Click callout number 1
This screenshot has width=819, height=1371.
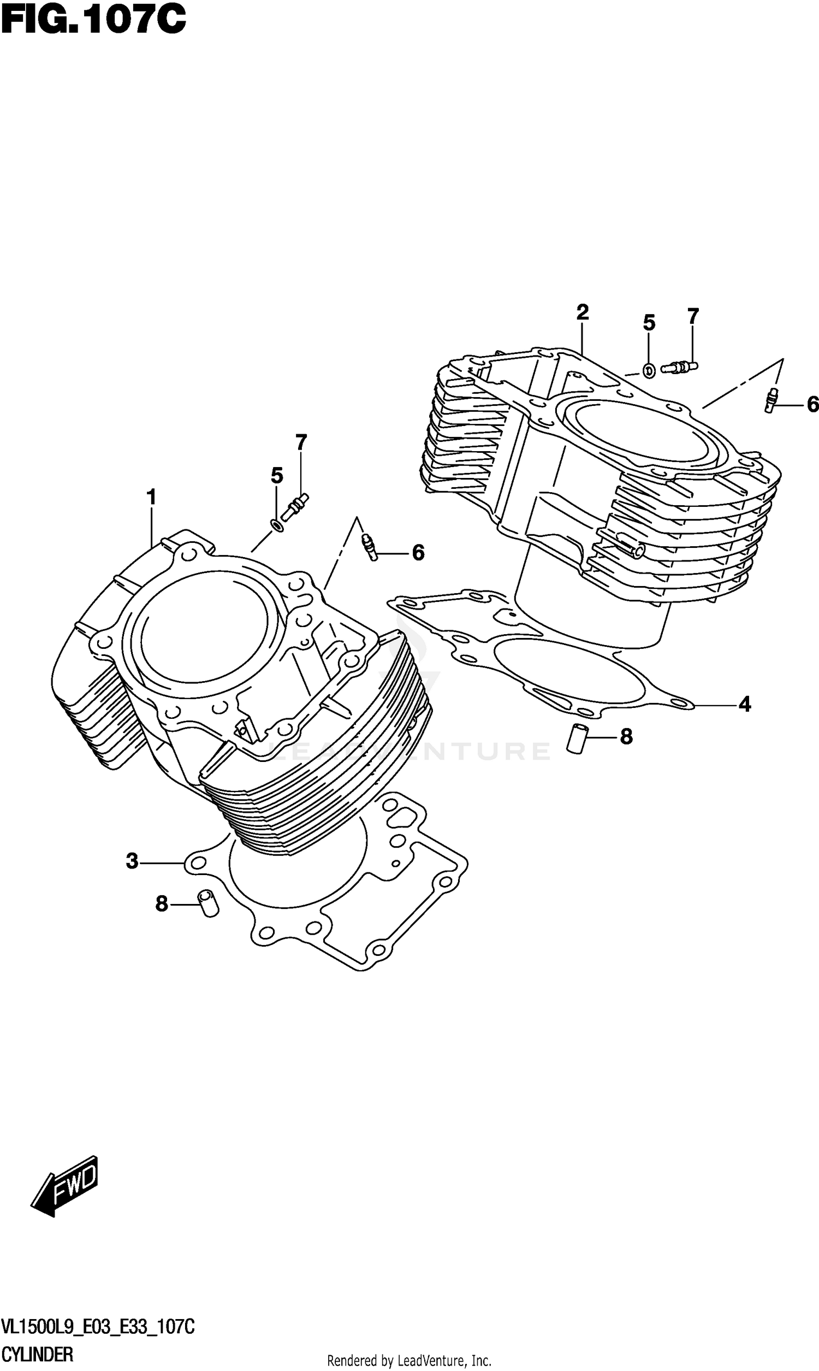click(x=151, y=498)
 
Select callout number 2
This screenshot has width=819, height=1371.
click(x=582, y=312)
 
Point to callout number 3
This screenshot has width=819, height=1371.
click(x=132, y=861)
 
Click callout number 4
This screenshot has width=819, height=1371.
click(x=745, y=704)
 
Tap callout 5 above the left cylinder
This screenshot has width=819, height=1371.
click(x=276, y=475)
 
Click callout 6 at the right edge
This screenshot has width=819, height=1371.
click(x=812, y=405)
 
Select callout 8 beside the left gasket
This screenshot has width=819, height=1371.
click(x=161, y=904)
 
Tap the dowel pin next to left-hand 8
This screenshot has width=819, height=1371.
click(x=209, y=903)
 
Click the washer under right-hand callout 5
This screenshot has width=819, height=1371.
click(x=650, y=371)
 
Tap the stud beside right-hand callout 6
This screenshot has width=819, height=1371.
click(x=771, y=400)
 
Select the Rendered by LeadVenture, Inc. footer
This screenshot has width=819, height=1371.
click(x=409, y=1361)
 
